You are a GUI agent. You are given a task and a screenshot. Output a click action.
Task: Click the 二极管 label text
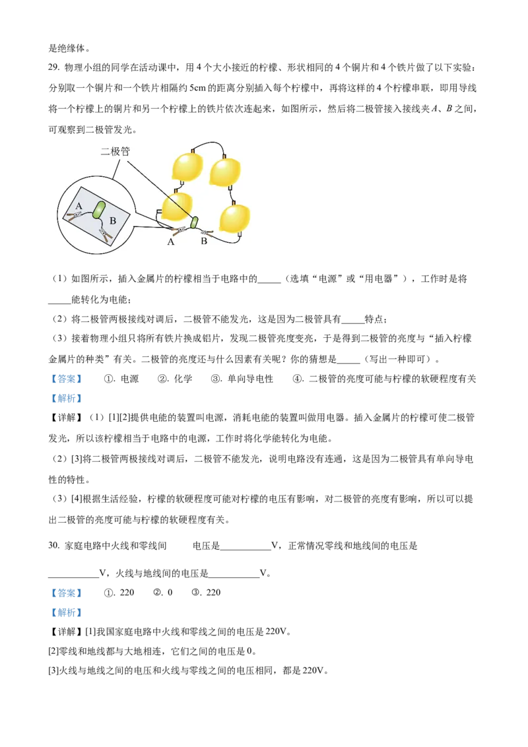coord(115,152)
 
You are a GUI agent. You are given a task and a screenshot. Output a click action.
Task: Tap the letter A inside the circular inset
coord(79,206)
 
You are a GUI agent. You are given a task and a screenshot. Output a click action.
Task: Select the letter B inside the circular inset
coord(113,221)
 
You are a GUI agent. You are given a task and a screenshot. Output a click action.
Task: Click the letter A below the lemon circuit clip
coord(171,242)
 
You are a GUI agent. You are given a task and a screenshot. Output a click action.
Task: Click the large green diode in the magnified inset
coord(98,209)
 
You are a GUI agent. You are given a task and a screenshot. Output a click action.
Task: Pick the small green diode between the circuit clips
coord(195,222)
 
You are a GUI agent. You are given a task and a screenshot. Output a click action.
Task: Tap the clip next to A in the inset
coord(73,215)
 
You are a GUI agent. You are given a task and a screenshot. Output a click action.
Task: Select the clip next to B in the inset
coord(106,234)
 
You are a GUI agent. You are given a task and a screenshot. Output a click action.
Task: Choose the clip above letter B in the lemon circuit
coord(207,232)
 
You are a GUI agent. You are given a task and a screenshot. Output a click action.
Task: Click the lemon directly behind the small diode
coord(176,207)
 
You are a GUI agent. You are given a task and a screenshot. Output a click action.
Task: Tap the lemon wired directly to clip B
coord(235,218)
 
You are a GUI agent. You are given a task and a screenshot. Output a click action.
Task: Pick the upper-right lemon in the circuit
coord(224,172)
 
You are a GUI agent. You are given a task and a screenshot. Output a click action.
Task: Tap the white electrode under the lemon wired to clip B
coord(238,234)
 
